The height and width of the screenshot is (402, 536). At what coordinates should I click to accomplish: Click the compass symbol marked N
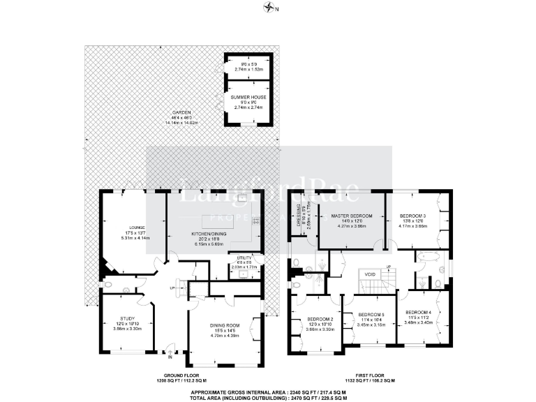point(270,8)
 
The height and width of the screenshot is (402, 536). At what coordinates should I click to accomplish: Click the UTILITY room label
point(244,257)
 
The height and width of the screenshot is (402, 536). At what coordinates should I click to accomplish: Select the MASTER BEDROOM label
point(352,216)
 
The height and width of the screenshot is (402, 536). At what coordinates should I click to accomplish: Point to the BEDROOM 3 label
point(412,216)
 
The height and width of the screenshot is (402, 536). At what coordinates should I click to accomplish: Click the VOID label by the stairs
point(370,275)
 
